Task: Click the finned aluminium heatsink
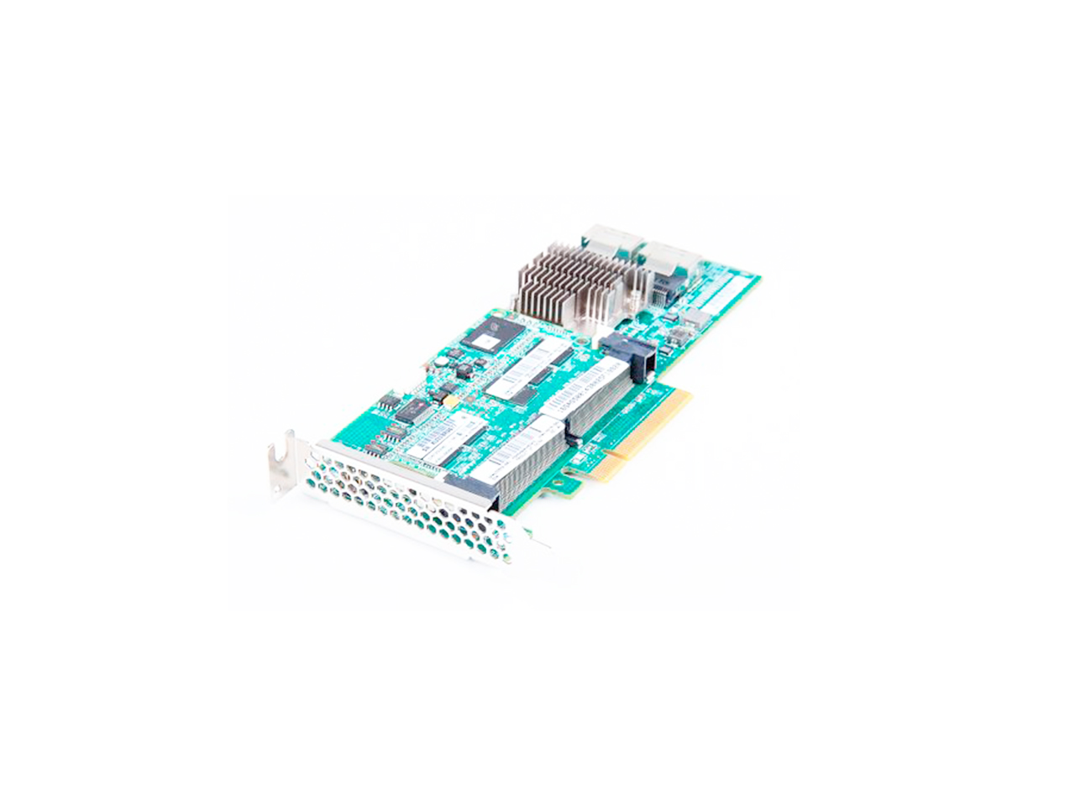pos(575,281)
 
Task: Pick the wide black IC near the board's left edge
pos(412,409)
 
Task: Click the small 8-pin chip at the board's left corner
pos(387,400)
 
